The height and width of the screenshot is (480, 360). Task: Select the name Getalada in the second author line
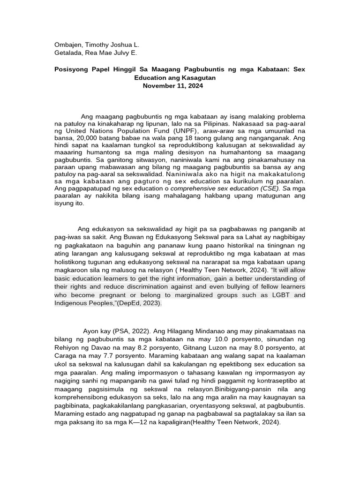(68, 53)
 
